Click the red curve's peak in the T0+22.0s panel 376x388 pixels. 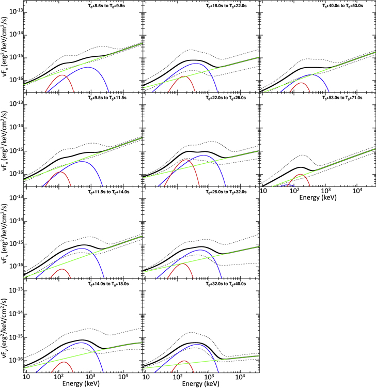point(185,160)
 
